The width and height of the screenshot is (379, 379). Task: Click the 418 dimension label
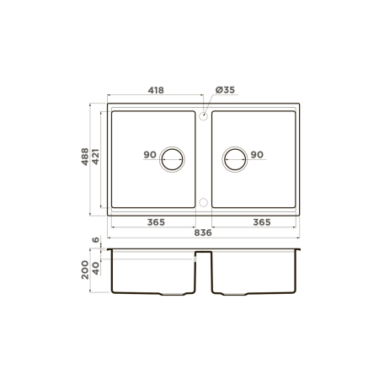pos(156,90)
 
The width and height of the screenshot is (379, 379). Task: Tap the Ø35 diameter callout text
pos(225,90)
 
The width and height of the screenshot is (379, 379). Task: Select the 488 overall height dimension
pos(85,157)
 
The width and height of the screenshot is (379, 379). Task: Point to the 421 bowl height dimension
pos(95,157)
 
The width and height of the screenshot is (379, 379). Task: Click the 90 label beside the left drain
pos(150,154)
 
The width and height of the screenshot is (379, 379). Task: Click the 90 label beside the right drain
pos(257,154)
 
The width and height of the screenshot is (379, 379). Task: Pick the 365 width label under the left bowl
pos(156,222)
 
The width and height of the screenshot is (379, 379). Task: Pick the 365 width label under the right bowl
pos(262,222)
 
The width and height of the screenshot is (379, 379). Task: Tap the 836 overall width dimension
pos(203,232)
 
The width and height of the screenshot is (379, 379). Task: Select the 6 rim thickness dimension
pos(96,239)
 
